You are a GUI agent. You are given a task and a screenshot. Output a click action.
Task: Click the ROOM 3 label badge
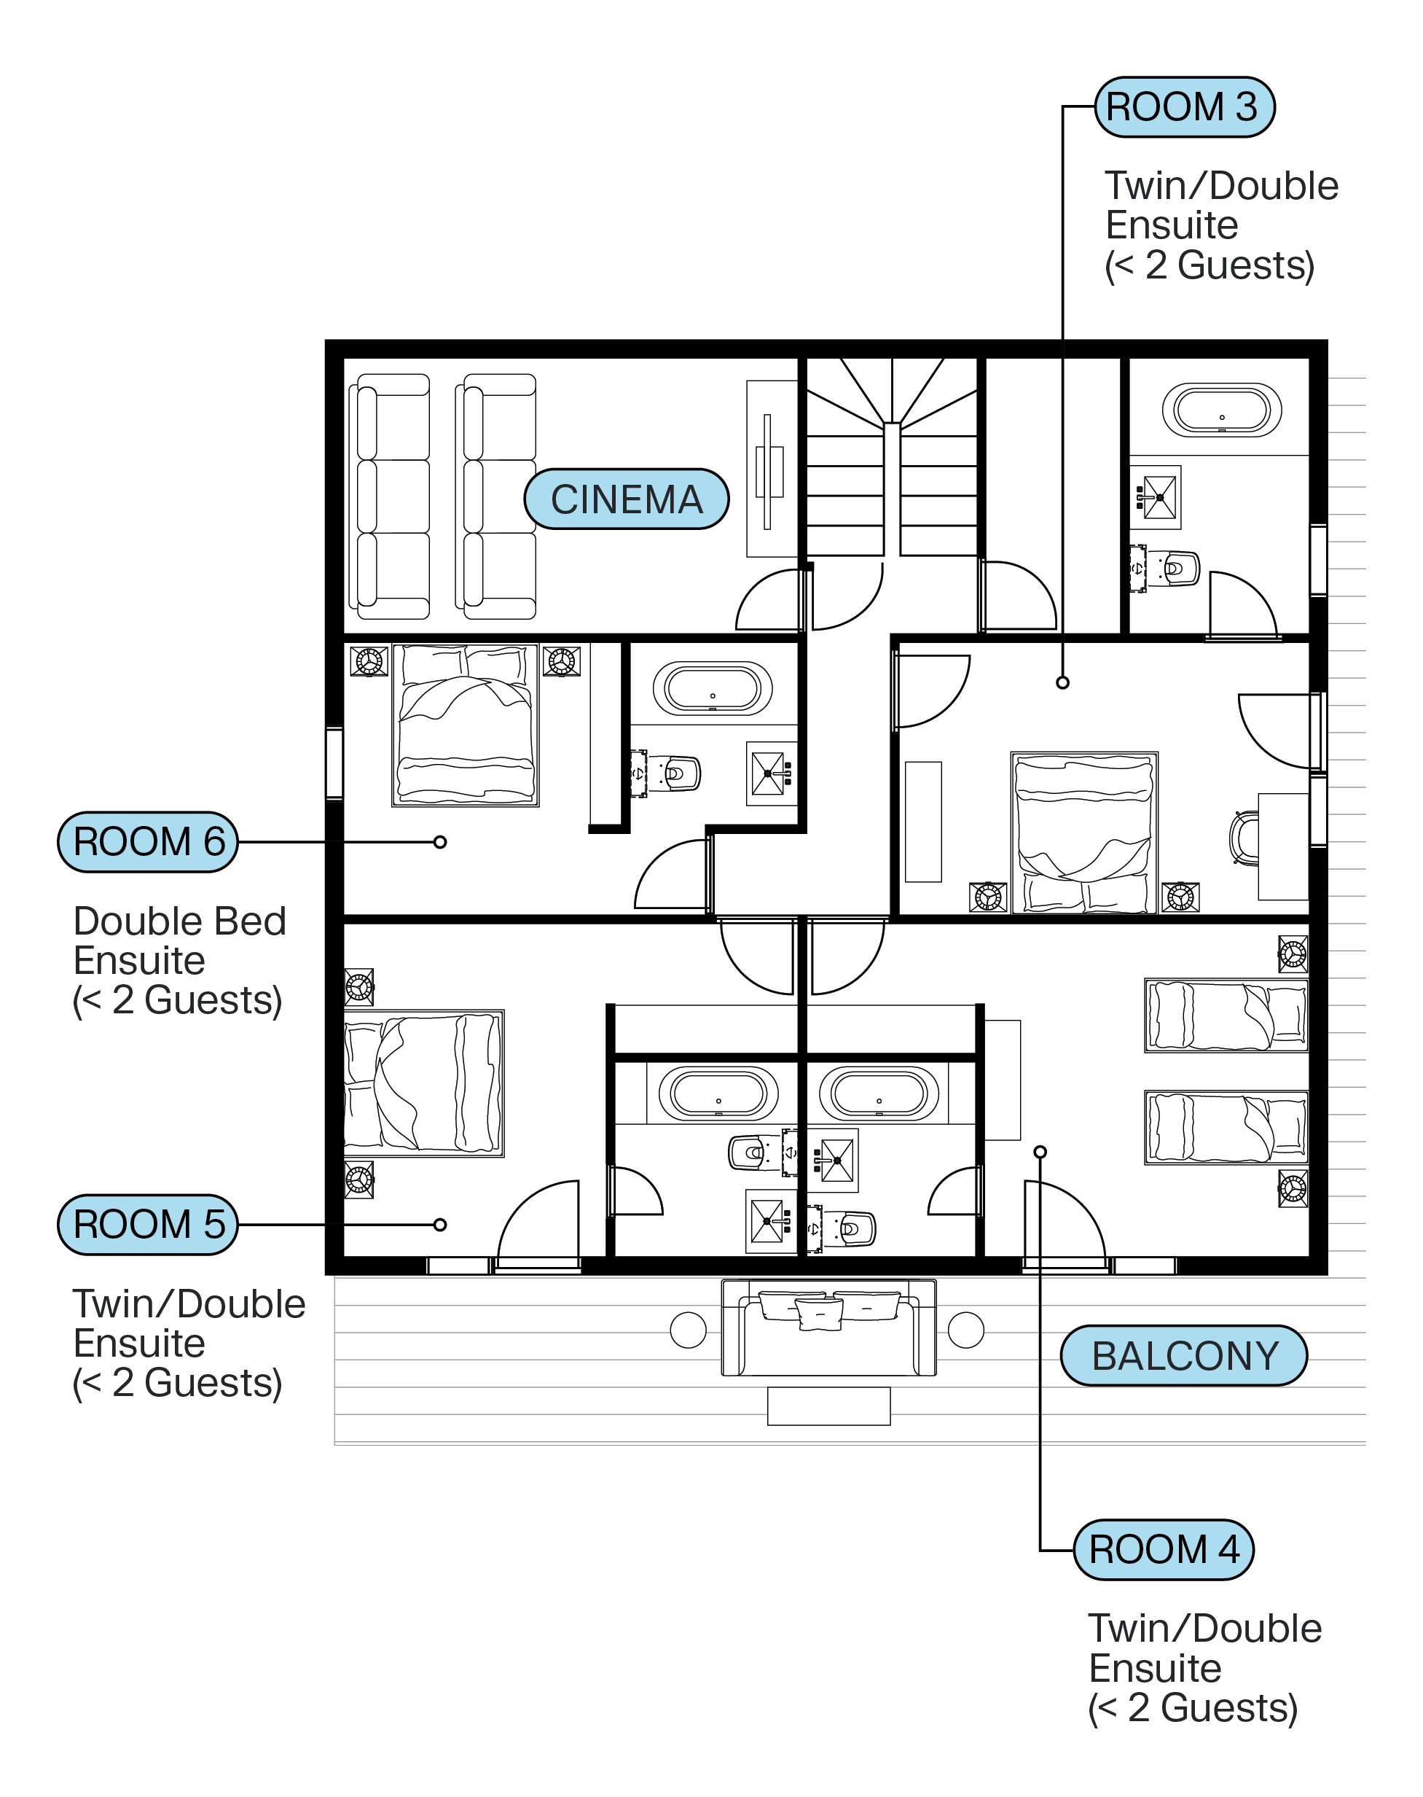coord(1184,107)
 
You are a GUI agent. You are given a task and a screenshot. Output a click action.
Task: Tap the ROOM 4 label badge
coord(1163,1549)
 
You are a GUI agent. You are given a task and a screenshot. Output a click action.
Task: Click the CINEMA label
coord(627,499)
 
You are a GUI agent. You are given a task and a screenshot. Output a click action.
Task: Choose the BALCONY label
coord(1184,1356)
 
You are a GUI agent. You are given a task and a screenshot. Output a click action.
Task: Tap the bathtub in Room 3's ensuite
coord(1221,410)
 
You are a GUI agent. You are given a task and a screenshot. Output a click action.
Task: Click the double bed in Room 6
coord(466,725)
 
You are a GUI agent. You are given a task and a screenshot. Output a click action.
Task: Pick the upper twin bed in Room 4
coord(1226,1016)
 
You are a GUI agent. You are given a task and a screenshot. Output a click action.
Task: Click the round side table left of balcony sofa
coord(688,1330)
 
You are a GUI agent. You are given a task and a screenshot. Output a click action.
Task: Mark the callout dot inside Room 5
coord(440,1225)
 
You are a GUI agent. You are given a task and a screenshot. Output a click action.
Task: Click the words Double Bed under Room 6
coord(180,921)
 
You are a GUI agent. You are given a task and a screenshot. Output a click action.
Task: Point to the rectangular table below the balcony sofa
coord(829,1406)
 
